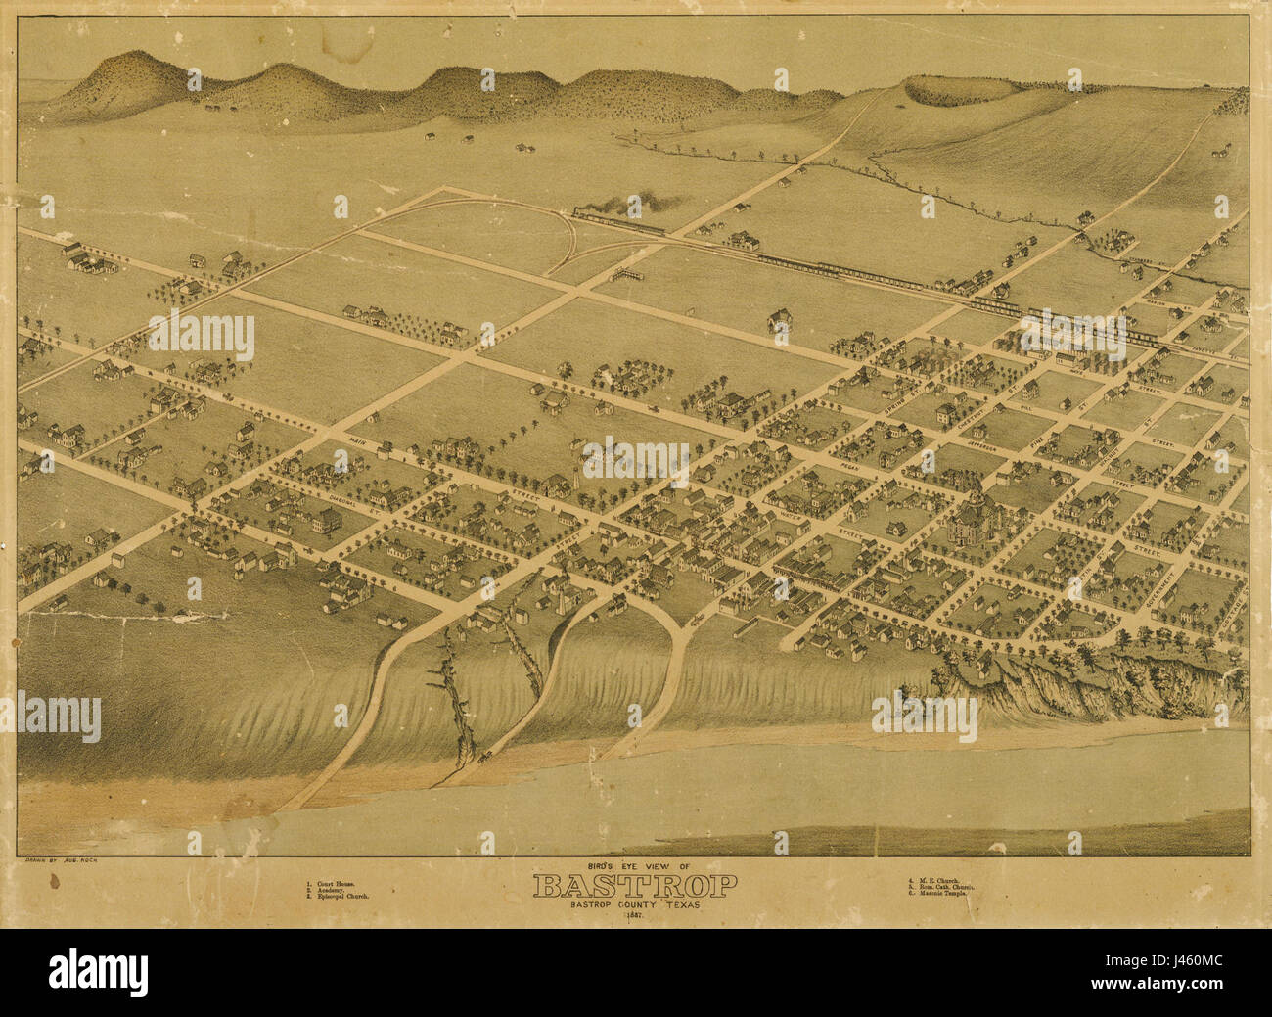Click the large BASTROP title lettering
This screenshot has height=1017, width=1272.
tap(635, 887)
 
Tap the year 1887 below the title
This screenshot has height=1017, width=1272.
tap(635, 915)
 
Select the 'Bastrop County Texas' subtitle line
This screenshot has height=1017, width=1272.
tap(635, 905)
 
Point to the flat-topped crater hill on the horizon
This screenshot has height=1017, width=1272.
tap(964, 90)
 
